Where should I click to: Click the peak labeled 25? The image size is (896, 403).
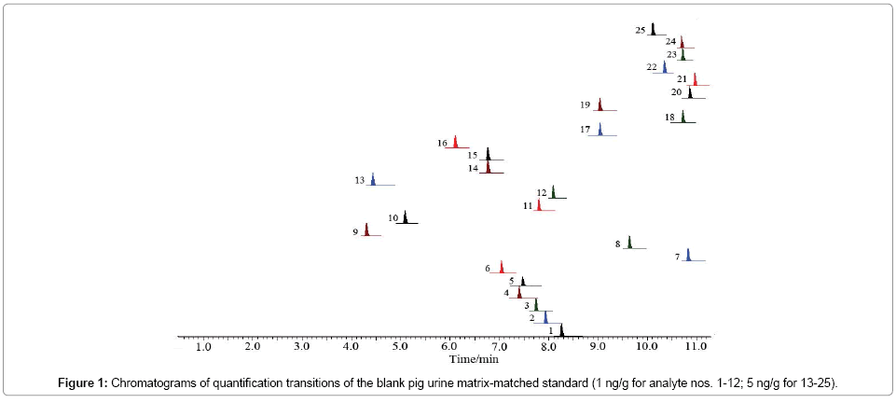click(x=654, y=29)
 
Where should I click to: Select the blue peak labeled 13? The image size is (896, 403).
click(x=373, y=180)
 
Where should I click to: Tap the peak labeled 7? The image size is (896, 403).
click(x=688, y=256)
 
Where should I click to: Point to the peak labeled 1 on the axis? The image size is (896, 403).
click(x=561, y=330)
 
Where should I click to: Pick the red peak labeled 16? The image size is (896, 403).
click(x=455, y=142)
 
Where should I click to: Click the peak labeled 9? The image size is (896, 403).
click(x=366, y=229)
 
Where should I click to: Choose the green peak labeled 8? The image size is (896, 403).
click(x=629, y=243)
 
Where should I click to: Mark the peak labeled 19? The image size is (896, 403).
click(x=600, y=104)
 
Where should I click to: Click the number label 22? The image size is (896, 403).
click(x=651, y=68)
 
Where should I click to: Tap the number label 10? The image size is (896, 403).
click(x=393, y=218)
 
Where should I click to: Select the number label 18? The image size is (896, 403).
click(x=670, y=118)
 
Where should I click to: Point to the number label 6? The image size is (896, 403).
click(x=488, y=269)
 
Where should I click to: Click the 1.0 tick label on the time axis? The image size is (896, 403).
click(x=203, y=347)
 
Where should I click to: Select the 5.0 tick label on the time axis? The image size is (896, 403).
click(x=400, y=347)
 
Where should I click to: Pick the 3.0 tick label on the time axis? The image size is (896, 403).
click(x=301, y=347)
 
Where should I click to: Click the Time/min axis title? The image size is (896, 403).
click(x=474, y=357)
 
